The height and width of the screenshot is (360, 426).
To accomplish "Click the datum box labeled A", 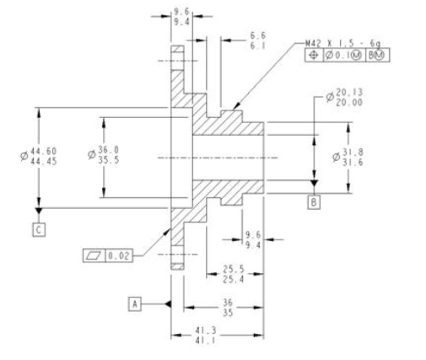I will (x=134, y=302).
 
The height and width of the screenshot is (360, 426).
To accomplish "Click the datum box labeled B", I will (x=314, y=202).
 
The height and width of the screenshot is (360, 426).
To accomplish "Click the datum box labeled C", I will (x=38, y=228).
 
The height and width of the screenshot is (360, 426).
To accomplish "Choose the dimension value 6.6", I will (x=258, y=36).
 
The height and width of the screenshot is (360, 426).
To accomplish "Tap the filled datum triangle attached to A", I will (x=167, y=302).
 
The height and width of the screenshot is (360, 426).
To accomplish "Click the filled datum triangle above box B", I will (x=314, y=183).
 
